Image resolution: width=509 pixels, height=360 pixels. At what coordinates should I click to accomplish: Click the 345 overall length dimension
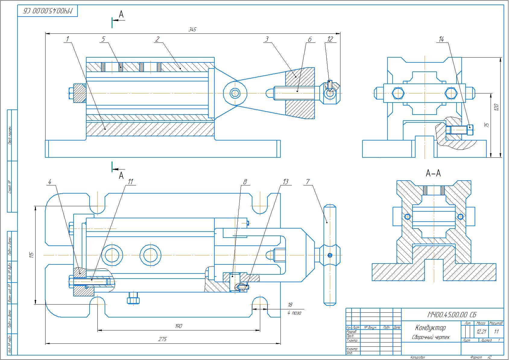point(192,30)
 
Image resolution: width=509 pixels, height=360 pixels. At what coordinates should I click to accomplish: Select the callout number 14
point(442,39)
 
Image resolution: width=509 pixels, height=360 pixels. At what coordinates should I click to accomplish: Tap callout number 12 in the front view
point(330,39)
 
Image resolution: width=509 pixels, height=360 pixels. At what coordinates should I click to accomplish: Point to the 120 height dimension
point(497,107)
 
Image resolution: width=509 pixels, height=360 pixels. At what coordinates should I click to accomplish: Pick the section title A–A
point(433,173)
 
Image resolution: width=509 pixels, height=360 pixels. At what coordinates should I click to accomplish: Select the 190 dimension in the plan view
point(179,326)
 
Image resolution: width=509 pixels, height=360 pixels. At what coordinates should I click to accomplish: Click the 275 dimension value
point(163,339)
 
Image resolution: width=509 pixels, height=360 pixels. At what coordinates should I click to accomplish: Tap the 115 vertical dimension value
point(31,255)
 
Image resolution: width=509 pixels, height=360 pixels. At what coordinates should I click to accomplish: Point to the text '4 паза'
point(294,313)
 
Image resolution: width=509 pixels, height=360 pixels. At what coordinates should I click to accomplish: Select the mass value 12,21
point(481,332)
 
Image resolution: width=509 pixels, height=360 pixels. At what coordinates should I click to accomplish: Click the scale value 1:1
point(496,332)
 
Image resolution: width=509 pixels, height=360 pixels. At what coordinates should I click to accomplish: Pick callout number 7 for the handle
point(308,182)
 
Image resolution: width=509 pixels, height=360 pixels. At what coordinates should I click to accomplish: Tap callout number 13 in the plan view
point(285,182)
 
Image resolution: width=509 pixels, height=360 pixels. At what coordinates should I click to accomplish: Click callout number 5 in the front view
point(103,39)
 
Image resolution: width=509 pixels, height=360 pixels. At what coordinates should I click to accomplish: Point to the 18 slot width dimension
point(290,305)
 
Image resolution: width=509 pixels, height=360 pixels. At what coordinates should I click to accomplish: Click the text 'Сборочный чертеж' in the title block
point(430,337)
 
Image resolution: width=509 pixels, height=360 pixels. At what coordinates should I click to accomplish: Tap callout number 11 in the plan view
point(130,182)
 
